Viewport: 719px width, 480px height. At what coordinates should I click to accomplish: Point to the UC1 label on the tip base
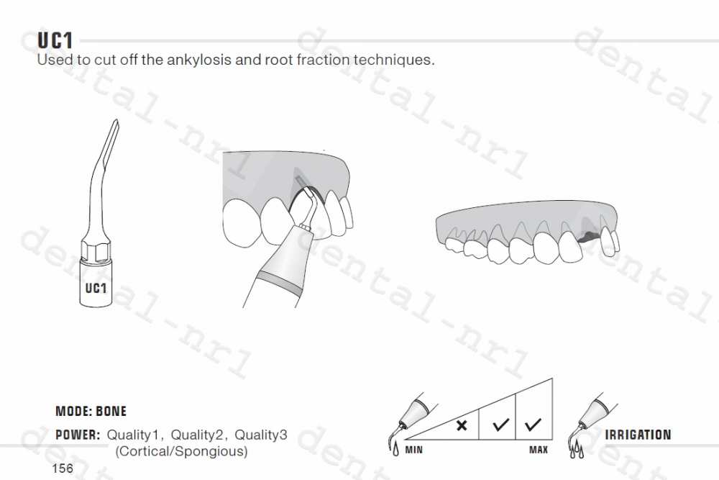click(x=96, y=289)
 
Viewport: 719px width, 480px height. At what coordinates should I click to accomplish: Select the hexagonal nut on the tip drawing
click(x=95, y=252)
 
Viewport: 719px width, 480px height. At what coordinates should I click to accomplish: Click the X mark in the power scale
click(x=462, y=425)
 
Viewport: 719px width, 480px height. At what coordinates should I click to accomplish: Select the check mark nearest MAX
click(x=533, y=425)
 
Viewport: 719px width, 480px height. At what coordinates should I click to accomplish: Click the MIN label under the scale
click(x=413, y=450)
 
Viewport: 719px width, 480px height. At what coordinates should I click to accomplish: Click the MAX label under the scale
click(x=538, y=450)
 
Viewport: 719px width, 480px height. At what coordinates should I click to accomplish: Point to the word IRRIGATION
click(x=638, y=435)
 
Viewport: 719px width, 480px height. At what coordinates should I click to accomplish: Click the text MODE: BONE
click(x=91, y=412)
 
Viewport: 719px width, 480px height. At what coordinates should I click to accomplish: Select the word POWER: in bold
click(x=77, y=435)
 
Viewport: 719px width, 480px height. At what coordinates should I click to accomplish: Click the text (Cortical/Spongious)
click(x=182, y=451)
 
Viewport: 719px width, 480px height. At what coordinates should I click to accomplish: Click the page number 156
click(x=63, y=468)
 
